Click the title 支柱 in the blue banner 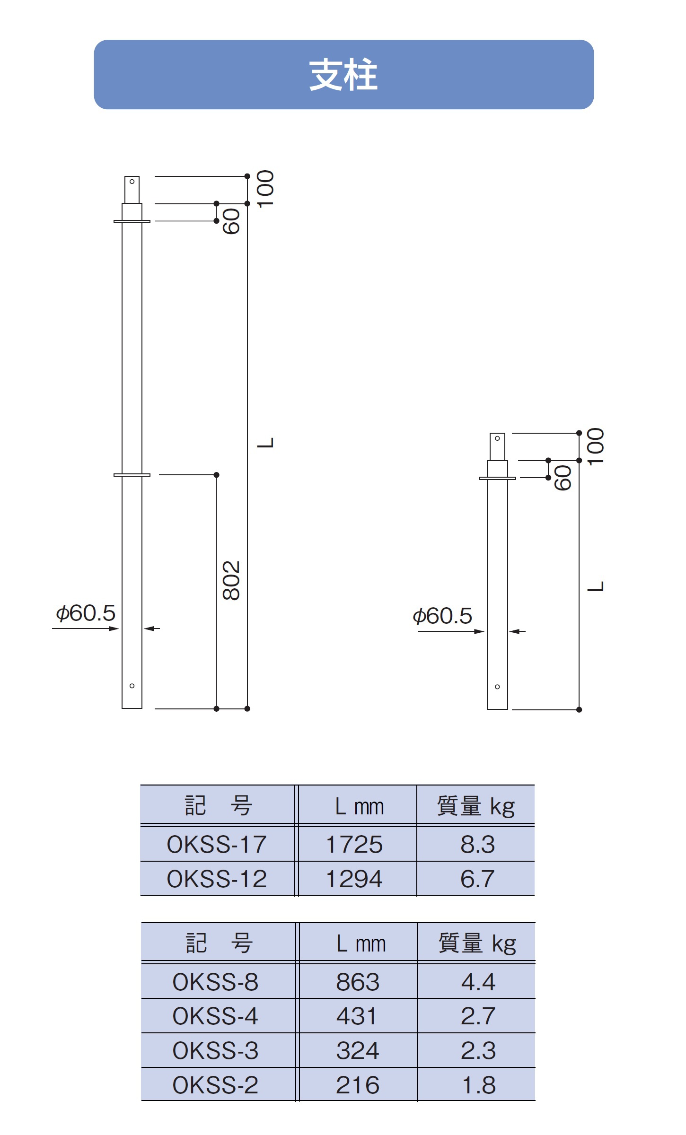[x=343, y=75]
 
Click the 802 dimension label [x=231, y=580]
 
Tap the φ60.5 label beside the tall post [x=86, y=613]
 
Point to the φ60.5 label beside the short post [x=442, y=616]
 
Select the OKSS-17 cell [x=217, y=844]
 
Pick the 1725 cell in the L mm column [x=354, y=844]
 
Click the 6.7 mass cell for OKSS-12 [x=477, y=879]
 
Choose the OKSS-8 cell [x=215, y=982]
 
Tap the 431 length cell [x=357, y=1016]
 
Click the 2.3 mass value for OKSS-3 [x=478, y=1050]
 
